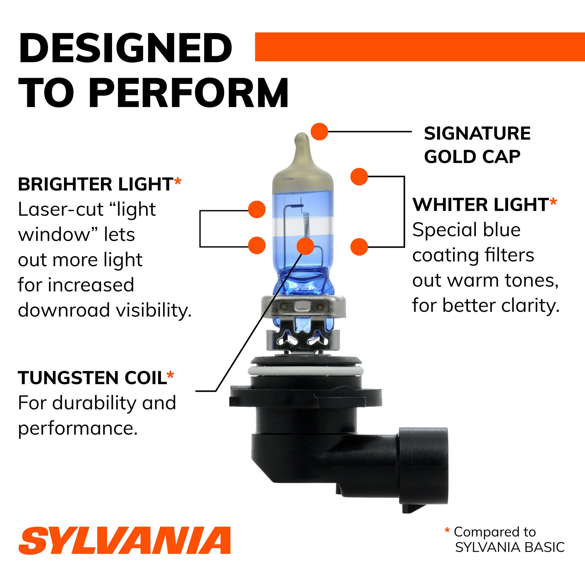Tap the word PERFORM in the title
188,93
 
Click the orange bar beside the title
420,47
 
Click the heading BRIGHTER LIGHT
95,184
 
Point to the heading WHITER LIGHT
481,205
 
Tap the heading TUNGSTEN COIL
92,378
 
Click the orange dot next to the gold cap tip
319,132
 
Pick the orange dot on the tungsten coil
305,246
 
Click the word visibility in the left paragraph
154,310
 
